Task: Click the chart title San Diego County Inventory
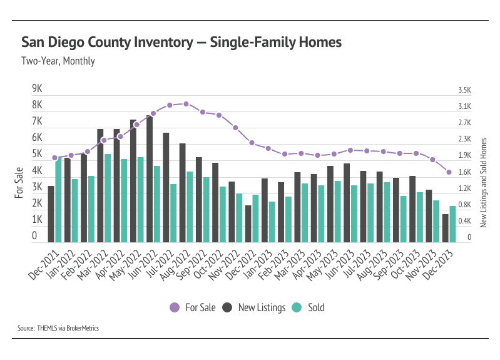[181, 43]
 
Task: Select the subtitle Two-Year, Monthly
[58, 61]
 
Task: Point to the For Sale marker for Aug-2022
[186, 104]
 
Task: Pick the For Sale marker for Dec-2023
[449, 172]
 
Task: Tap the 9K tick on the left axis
[37, 88]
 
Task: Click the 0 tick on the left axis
[34, 237]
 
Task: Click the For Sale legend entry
[193, 307]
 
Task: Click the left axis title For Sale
[19, 183]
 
